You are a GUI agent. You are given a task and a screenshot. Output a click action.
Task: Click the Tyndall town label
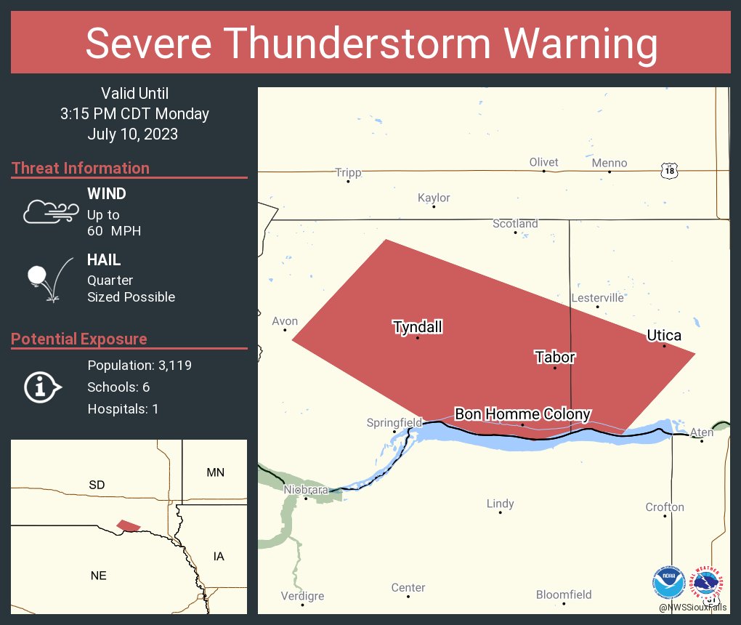click(x=418, y=327)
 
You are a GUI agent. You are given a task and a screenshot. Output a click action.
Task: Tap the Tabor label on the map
click(x=555, y=357)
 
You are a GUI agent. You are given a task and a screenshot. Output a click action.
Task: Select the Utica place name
click(x=664, y=335)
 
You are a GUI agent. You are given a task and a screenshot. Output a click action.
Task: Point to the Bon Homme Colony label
click(x=522, y=414)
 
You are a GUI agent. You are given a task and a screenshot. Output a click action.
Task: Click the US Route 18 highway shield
click(x=669, y=171)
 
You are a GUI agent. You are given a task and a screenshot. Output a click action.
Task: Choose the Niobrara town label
click(x=306, y=489)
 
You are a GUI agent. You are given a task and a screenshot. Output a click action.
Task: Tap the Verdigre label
click(x=302, y=596)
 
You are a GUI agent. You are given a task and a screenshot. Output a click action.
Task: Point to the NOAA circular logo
click(x=668, y=582)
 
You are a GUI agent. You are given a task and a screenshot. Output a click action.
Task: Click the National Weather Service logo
click(x=709, y=582)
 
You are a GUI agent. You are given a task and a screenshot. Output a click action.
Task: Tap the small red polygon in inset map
click(x=129, y=525)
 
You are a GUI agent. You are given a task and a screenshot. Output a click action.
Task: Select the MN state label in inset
click(x=215, y=472)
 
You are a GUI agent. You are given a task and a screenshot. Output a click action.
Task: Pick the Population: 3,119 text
click(x=139, y=365)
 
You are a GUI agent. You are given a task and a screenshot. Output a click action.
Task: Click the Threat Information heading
click(x=81, y=168)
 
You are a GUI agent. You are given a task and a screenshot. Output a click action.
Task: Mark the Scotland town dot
click(x=515, y=233)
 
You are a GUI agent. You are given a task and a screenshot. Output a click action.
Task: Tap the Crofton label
click(x=665, y=507)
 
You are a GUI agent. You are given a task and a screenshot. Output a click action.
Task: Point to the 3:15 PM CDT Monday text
click(x=134, y=114)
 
